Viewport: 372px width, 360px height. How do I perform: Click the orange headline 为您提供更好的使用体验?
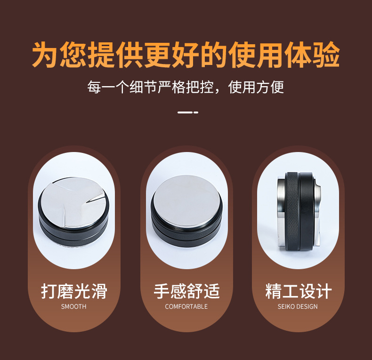(186, 55)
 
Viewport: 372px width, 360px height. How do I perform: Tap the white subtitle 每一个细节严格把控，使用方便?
(186, 87)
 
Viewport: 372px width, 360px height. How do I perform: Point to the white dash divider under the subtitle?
(188, 112)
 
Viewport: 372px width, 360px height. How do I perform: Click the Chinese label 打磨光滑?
(74, 291)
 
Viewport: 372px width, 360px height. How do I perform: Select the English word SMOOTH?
(73, 306)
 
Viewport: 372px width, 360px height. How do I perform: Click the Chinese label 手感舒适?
(186, 291)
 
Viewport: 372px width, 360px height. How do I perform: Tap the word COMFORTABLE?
(186, 306)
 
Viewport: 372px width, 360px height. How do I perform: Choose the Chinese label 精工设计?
(298, 291)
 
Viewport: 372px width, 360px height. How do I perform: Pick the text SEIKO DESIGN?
(298, 306)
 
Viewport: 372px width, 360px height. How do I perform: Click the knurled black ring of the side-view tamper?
(292, 211)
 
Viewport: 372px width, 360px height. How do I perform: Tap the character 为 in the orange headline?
(46, 55)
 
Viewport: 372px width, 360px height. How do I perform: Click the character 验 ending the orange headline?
(326, 55)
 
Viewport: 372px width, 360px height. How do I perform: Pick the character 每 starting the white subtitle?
(94, 87)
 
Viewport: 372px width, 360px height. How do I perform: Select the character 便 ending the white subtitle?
(277, 87)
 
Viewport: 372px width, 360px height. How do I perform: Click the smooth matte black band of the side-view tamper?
(307, 211)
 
